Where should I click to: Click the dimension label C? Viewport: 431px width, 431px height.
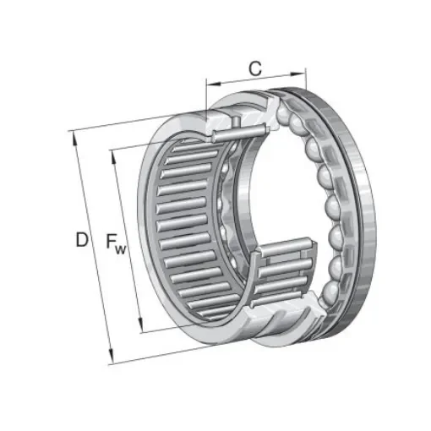tap(253, 67)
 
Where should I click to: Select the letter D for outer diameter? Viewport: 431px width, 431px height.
tap(81, 240)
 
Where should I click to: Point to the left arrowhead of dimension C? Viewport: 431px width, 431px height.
tap(209, 84)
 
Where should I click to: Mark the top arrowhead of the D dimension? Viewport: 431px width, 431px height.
tap(74, 134)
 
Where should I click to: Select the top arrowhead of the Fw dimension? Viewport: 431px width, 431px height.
tap(112, 154)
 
